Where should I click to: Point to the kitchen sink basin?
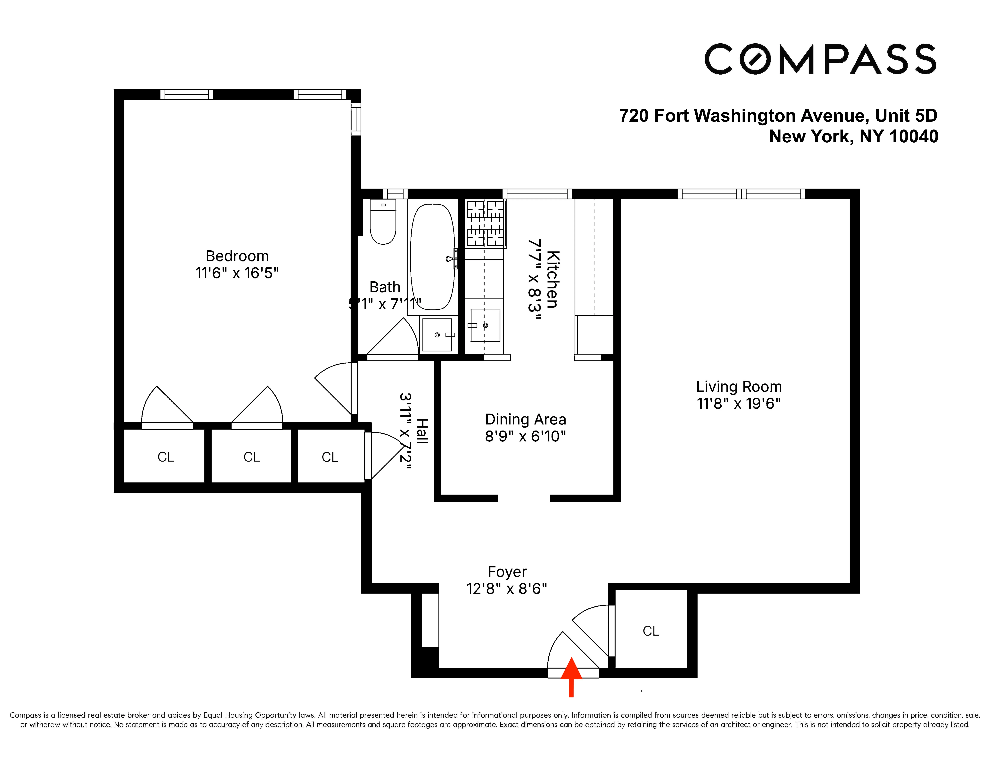(485, 325)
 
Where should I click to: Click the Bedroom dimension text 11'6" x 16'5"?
(237, 273)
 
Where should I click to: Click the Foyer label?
(507, 572)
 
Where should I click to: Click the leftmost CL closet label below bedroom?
(166, 457)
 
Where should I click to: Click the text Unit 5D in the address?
(906, 115)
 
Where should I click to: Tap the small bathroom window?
(395, 194)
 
